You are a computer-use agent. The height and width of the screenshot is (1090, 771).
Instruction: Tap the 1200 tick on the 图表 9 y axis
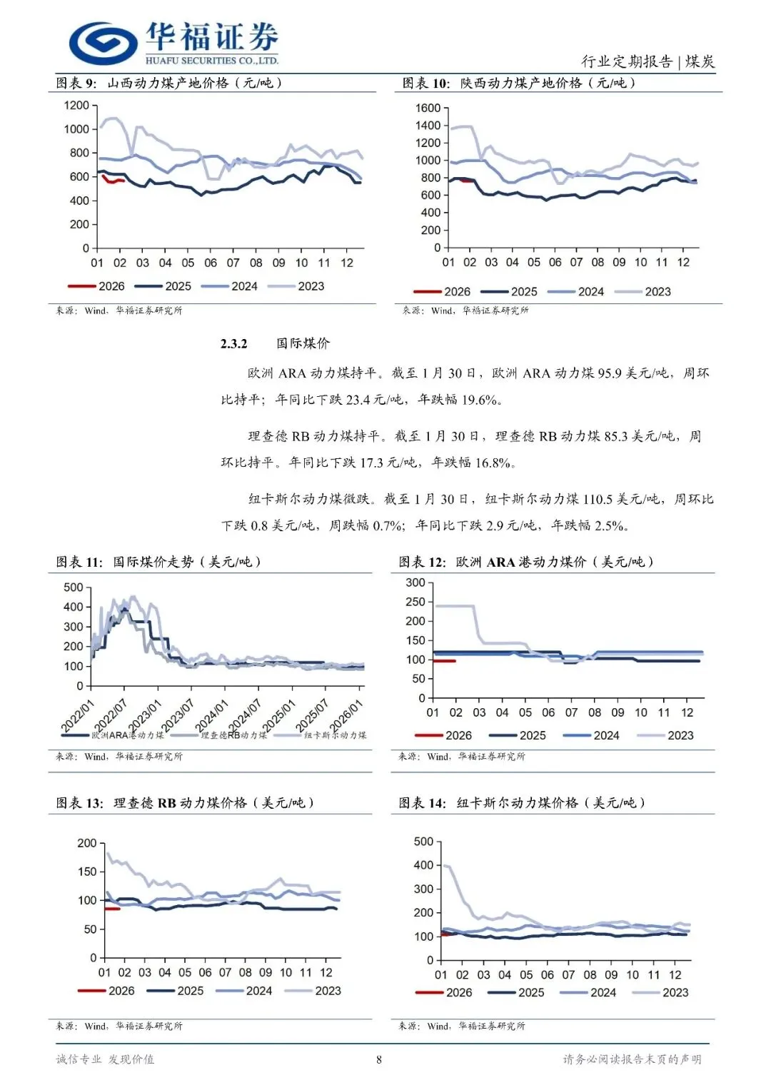tap(76, 106)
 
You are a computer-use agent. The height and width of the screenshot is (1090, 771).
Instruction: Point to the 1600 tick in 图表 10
tap(428, 108)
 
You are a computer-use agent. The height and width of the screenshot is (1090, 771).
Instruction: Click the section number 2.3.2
tap(233, 343)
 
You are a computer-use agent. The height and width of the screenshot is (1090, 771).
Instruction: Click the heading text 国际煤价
tap(303, 343)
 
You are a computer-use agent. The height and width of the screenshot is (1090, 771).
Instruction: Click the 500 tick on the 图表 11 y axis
tap(74, 587)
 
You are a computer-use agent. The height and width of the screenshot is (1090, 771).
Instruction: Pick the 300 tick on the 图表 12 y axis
tap(415, 582)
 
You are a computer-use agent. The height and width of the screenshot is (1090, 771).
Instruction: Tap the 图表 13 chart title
tap(186, 803)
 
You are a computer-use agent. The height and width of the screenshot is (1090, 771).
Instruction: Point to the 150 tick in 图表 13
tap(87, 872)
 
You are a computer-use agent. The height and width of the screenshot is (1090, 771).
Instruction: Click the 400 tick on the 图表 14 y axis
tap(423, 865)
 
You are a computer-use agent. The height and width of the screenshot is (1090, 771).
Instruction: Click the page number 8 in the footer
tap(379, 1059)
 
